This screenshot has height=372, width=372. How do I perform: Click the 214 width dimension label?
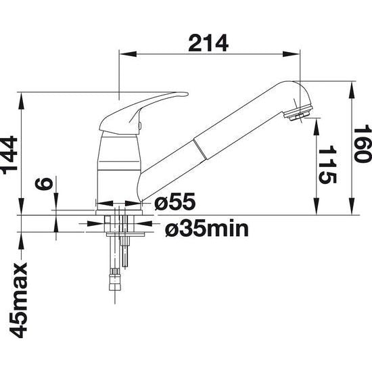[x=209, y=43]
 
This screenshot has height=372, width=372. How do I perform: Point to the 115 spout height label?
[x=328, y=164]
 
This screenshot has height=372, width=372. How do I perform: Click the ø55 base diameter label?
[x=175, y=202]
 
